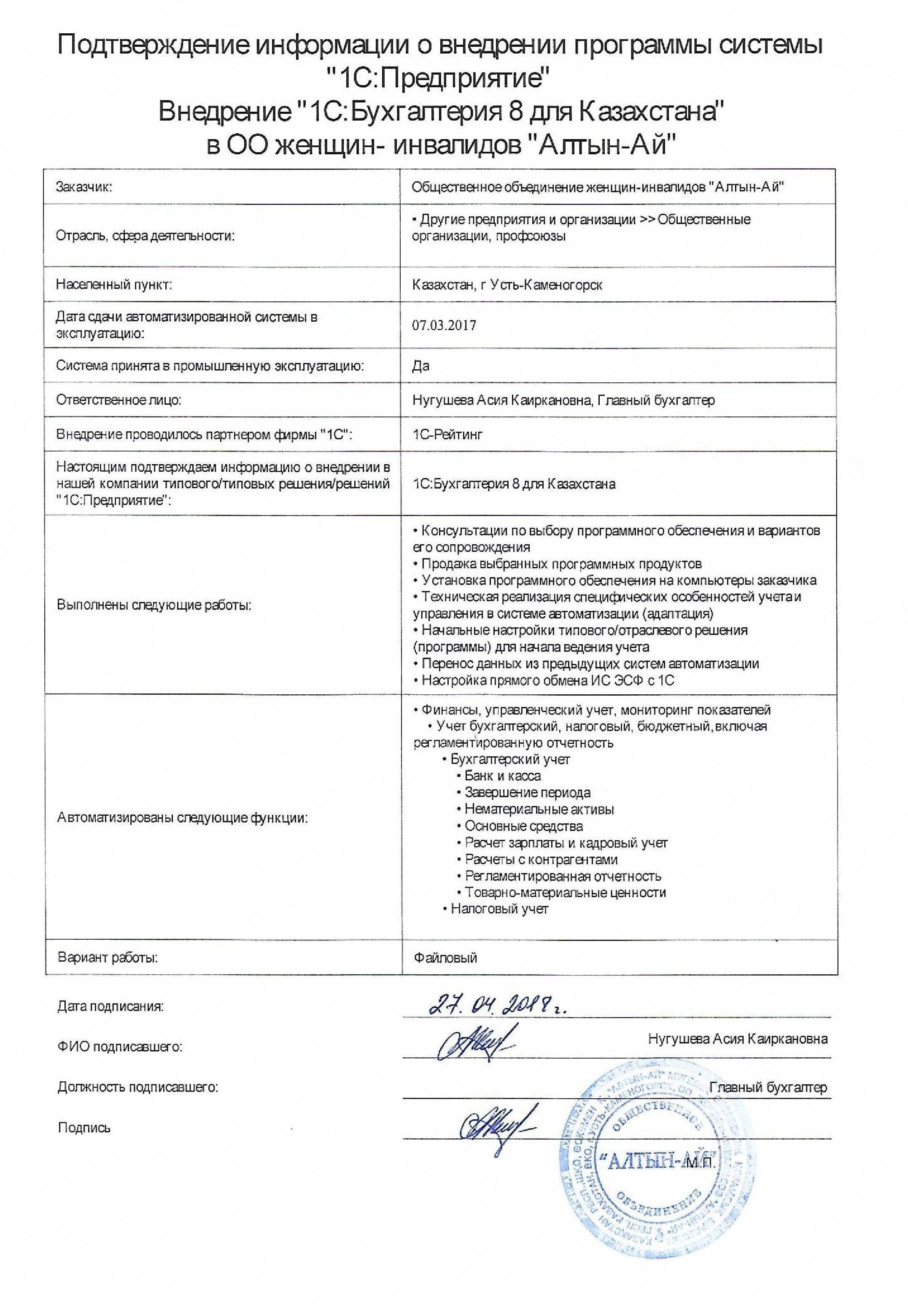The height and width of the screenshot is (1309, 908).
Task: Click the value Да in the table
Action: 420,366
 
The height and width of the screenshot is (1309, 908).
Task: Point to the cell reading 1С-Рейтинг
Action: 448,435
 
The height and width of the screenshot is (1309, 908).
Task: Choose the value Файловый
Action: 445,957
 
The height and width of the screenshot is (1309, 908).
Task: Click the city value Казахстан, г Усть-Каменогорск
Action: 507,285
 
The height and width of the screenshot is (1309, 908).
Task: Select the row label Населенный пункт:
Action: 114,285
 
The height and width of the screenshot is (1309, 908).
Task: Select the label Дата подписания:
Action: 110,1006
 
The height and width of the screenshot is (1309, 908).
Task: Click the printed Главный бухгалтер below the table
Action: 768,1088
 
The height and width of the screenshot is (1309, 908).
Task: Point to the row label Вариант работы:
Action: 108,957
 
